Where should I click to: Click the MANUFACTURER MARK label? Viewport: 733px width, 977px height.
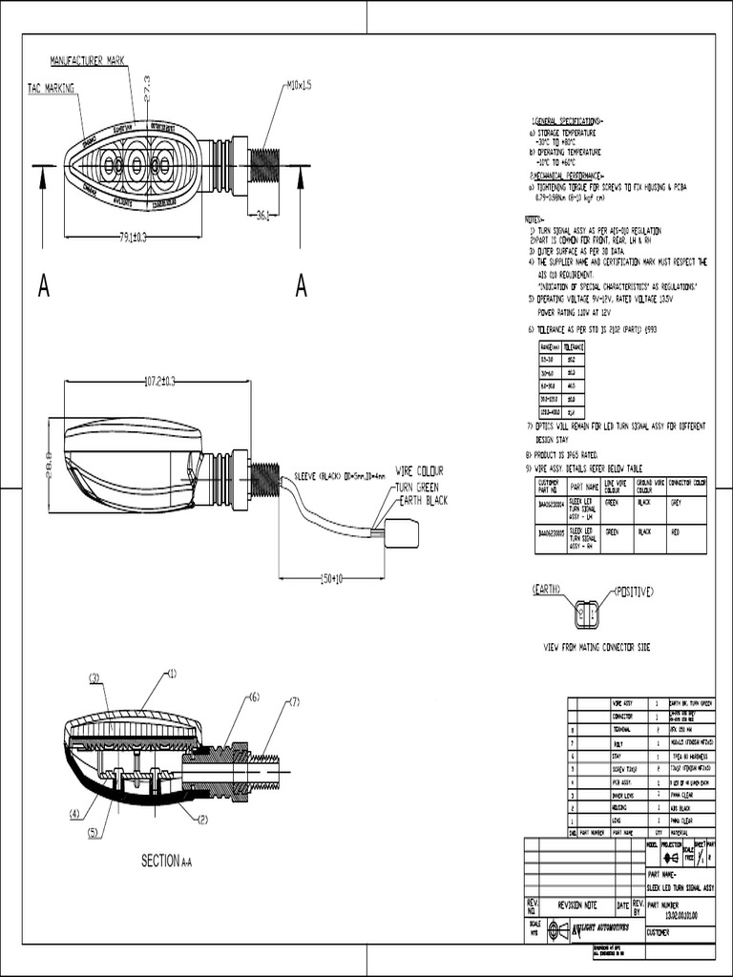click(87, 59)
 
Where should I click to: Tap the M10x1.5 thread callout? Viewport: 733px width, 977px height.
click(299, 85)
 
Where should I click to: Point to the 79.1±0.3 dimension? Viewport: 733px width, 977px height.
click(133, 237)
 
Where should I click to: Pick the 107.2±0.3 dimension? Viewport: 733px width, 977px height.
click(159, 382)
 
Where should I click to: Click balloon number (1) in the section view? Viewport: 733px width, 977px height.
click(172, 674)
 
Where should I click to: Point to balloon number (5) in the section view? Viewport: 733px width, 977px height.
click(94, 833)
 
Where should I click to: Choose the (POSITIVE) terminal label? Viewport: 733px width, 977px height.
click(633, 592)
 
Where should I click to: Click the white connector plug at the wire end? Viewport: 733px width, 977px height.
click(401, 532)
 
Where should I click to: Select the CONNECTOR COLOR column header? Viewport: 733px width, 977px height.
click(686, 484)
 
